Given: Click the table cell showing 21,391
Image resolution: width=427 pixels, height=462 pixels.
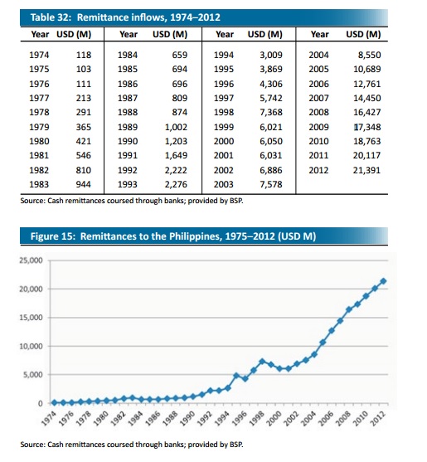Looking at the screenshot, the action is (x=367, y=170).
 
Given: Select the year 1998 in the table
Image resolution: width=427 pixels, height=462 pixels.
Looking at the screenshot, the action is (x=224, y=112).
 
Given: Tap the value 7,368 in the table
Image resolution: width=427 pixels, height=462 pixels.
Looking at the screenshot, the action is (x=271, y=112).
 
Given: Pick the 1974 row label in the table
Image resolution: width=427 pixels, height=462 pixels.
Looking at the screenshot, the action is (x=39, y=55).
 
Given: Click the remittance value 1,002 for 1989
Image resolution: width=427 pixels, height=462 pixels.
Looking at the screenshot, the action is (x=176, y=127).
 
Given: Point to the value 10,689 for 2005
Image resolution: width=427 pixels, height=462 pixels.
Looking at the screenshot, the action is (x=367, y=69).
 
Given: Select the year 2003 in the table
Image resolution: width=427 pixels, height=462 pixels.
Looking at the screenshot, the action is (x=224, y=184).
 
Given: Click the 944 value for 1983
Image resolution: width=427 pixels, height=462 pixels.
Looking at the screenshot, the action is (x=84, y=184).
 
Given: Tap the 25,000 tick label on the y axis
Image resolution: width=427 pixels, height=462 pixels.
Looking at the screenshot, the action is (x=32, y=260).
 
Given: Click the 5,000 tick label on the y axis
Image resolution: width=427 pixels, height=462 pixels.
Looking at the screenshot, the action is (x=33, y=374).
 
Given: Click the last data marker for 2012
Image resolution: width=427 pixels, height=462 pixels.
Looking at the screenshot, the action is (x=383, y=281).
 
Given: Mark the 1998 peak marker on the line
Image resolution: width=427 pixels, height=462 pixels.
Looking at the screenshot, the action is (x=262, y=362).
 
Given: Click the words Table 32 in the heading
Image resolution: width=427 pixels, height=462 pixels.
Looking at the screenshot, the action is (x=51, y=17).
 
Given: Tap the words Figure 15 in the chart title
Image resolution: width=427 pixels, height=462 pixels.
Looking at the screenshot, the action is (x=52, y=236).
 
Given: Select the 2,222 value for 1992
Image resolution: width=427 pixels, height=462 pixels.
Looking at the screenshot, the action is (x=176, y=170).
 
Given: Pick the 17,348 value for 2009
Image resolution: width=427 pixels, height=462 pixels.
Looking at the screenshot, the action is (x=367, y=127).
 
